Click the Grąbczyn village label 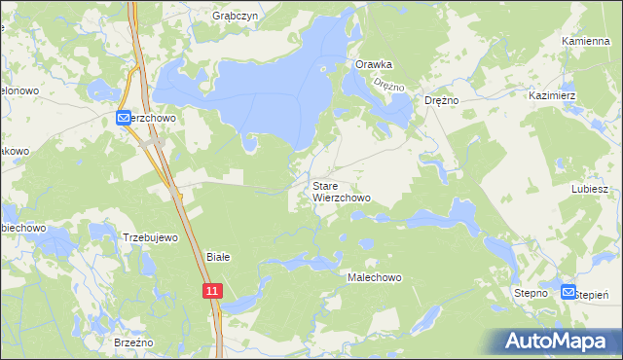[234, 17]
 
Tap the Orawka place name [374, 64]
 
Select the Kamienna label [586, 42]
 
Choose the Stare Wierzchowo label [342, 191]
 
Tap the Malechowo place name [375, 277]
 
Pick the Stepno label [532, 292]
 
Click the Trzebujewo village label [150, 237]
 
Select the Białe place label [218, 257]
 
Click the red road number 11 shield [213, 290]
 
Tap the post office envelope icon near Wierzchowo [123, 118]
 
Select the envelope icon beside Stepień [568, 291]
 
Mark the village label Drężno [442, 100]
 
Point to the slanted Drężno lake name [389, 86]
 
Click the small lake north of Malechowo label [367, 244]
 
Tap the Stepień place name [594, 294]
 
